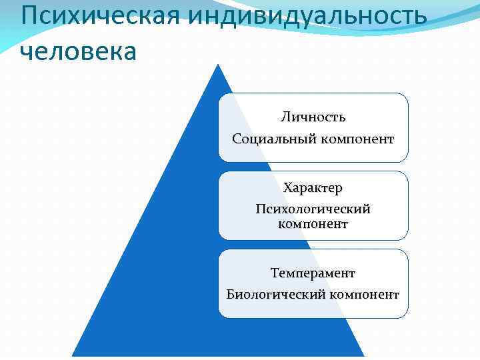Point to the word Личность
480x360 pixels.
313,117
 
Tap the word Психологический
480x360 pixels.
313,209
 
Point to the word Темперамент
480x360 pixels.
313,273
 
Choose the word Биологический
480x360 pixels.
272,294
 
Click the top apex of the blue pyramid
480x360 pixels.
218,65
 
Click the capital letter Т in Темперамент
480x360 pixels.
275,273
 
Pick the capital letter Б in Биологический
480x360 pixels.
230,294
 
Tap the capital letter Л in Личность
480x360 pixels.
285,117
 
